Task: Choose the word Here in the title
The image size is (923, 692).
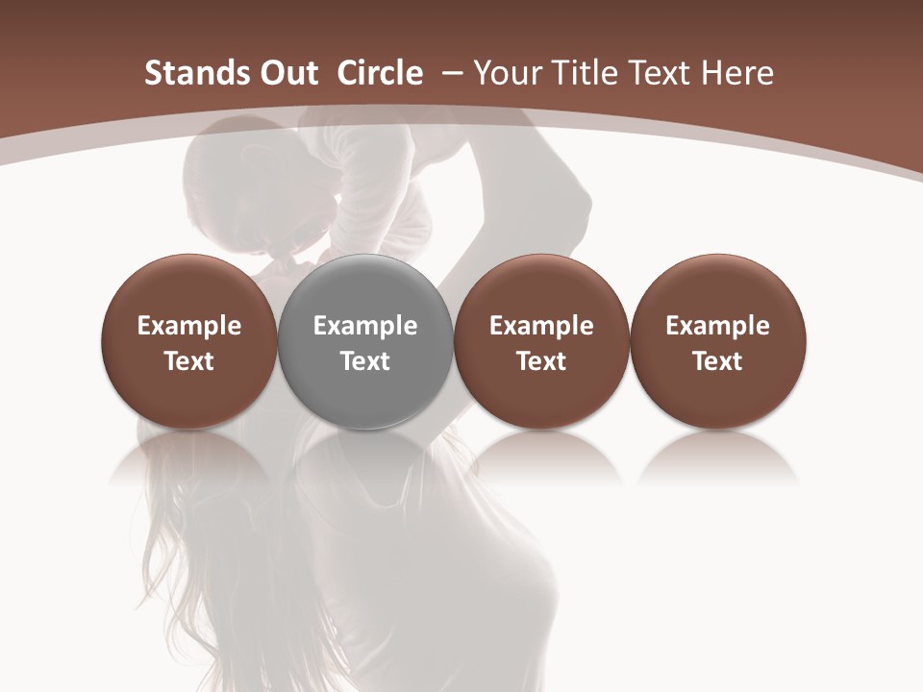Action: pyautogui.click(x=738, y=73)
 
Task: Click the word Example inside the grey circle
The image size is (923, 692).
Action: pyautogui.click(x=365, y=326)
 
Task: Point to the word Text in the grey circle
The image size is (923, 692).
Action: pyautogui.click(x=365, y=361)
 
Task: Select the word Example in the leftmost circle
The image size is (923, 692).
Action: pyautogui.click(x=189, y=326)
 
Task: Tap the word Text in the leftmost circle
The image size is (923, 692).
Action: pyautogui.click(x=189, y=361)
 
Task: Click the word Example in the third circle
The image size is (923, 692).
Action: pyautogui.click(x=541, y=326)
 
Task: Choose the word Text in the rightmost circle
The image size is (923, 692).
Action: pyautogui.click(x=717, y=361)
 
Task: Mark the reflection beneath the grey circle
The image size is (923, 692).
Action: pyautogui.click(x=365, y=457)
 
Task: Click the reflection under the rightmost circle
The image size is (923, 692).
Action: pyautogui.click(x=717, y=457)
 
